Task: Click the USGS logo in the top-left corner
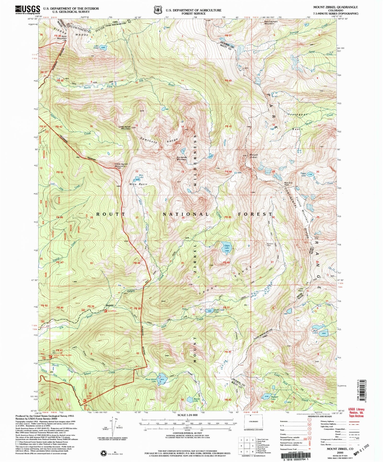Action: [28, 10]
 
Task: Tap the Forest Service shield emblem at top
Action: [158, 10]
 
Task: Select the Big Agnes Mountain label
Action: [182, 158]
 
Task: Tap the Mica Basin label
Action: [138, 184]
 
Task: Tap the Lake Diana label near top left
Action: [96, 47]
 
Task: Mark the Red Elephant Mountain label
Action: [271, 22]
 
